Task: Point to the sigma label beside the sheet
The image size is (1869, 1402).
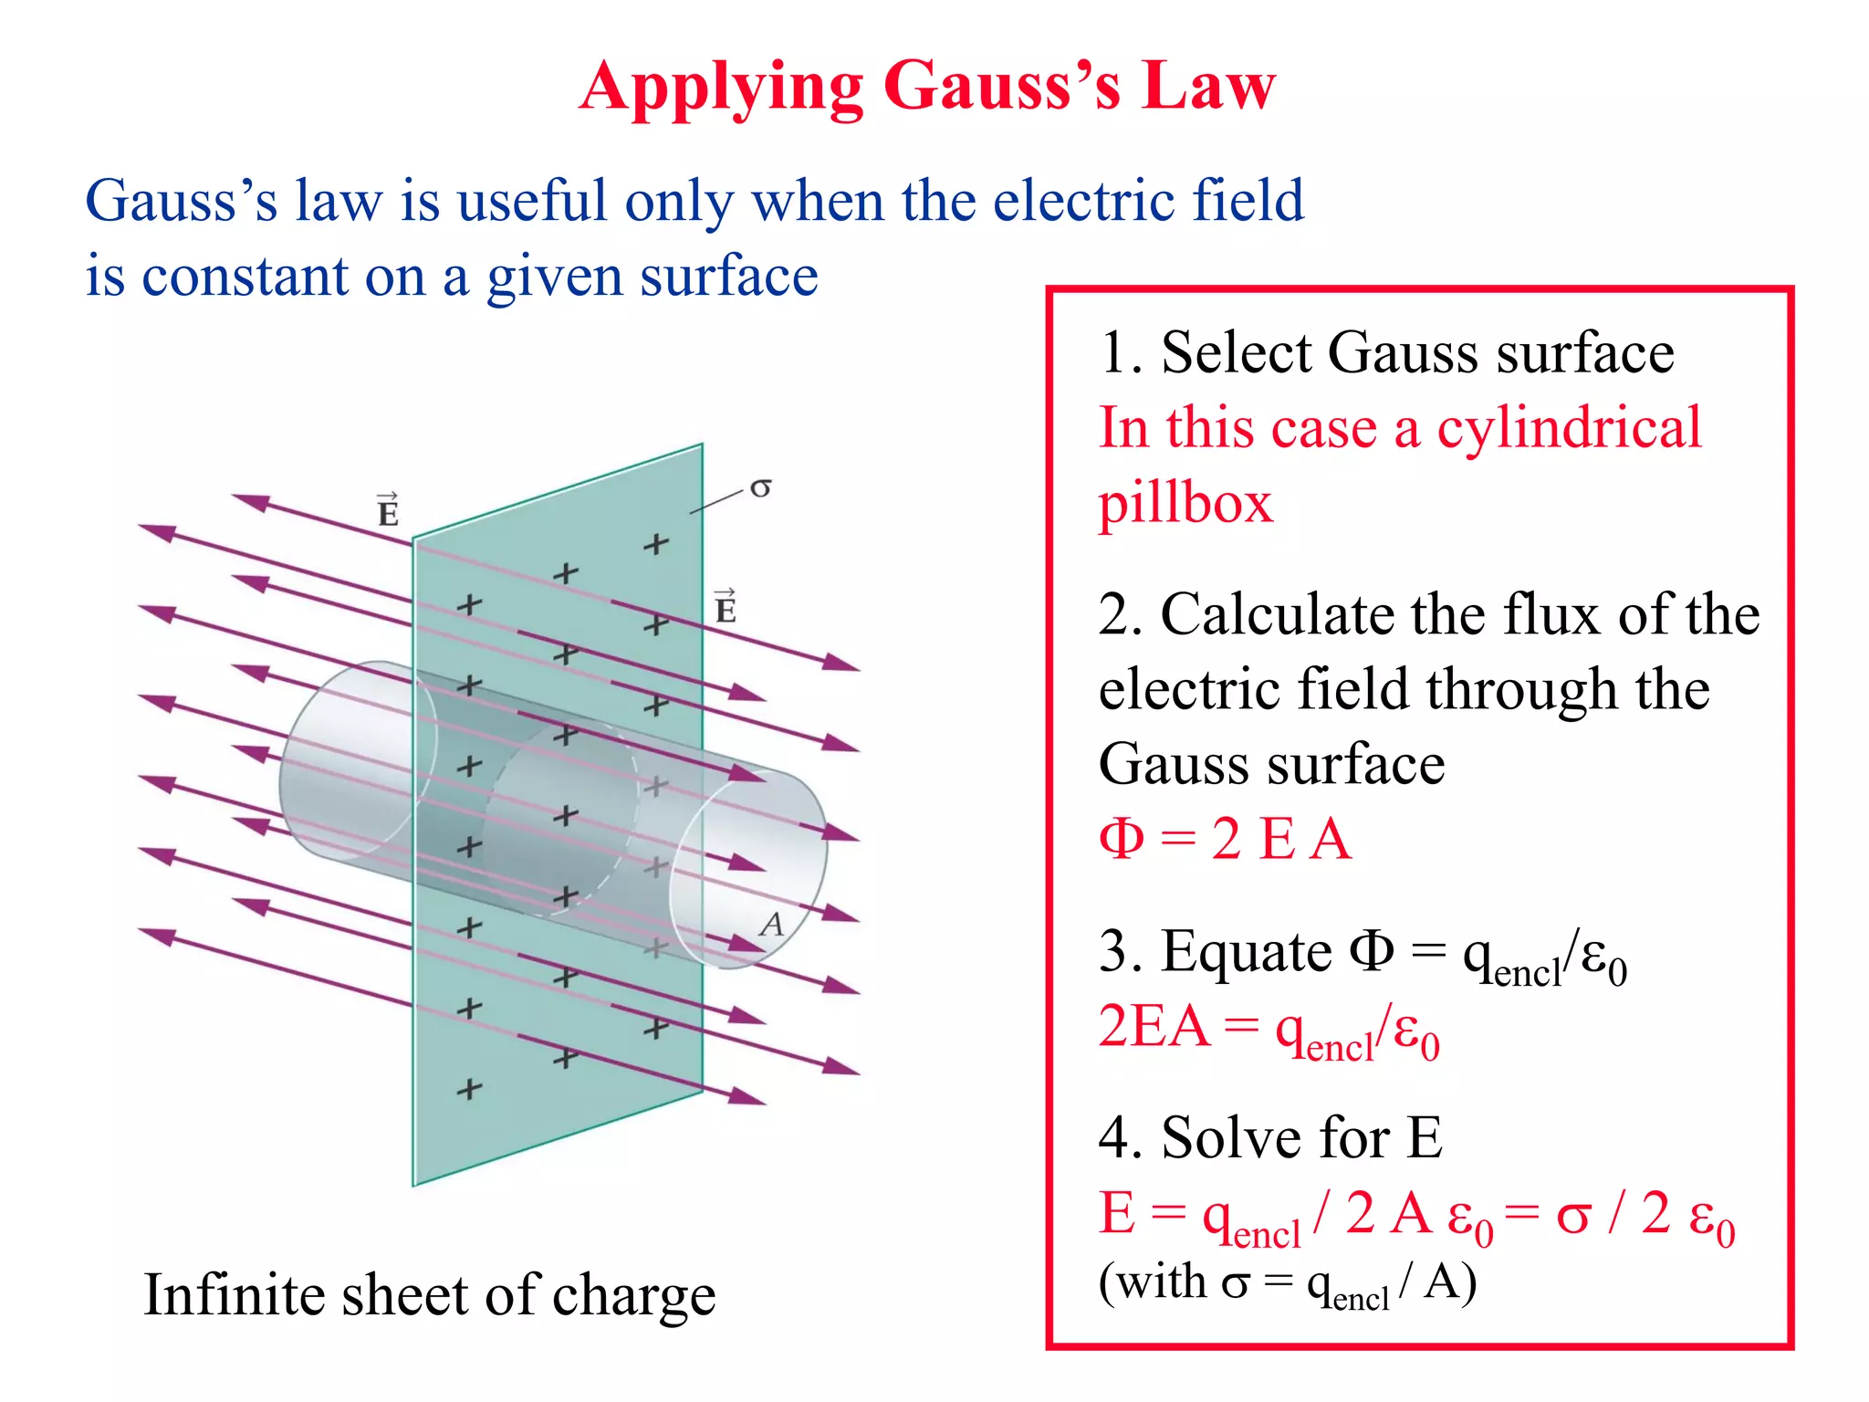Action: point(760,488)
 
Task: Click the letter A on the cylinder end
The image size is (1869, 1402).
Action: point(772,925)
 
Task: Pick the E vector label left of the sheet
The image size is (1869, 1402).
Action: point(388,510)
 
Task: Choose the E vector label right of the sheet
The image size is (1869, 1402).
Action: point(725,608)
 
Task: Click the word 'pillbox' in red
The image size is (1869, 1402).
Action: point(1185,505)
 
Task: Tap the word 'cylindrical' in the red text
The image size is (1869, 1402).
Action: point(1569,428)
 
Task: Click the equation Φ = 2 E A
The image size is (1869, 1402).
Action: point(1225,839)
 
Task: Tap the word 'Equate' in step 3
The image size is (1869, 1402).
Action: point(1246,952)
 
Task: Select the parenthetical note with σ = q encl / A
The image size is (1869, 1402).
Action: point(1287,1284)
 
